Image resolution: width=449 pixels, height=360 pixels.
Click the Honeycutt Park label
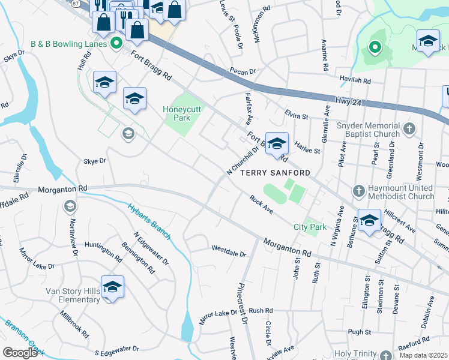185,113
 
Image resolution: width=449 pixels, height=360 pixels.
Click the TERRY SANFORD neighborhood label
276,172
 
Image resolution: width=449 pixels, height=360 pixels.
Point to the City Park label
310,227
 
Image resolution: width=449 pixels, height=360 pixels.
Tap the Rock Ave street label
261,206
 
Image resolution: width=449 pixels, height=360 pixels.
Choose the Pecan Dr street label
243,71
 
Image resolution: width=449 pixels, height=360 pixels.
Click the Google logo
19,352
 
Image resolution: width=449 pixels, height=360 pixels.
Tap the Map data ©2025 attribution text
424,355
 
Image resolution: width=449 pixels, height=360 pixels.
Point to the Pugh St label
359,331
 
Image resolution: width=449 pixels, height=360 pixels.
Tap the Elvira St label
296,116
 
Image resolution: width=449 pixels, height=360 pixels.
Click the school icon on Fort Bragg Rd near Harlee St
277,144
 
